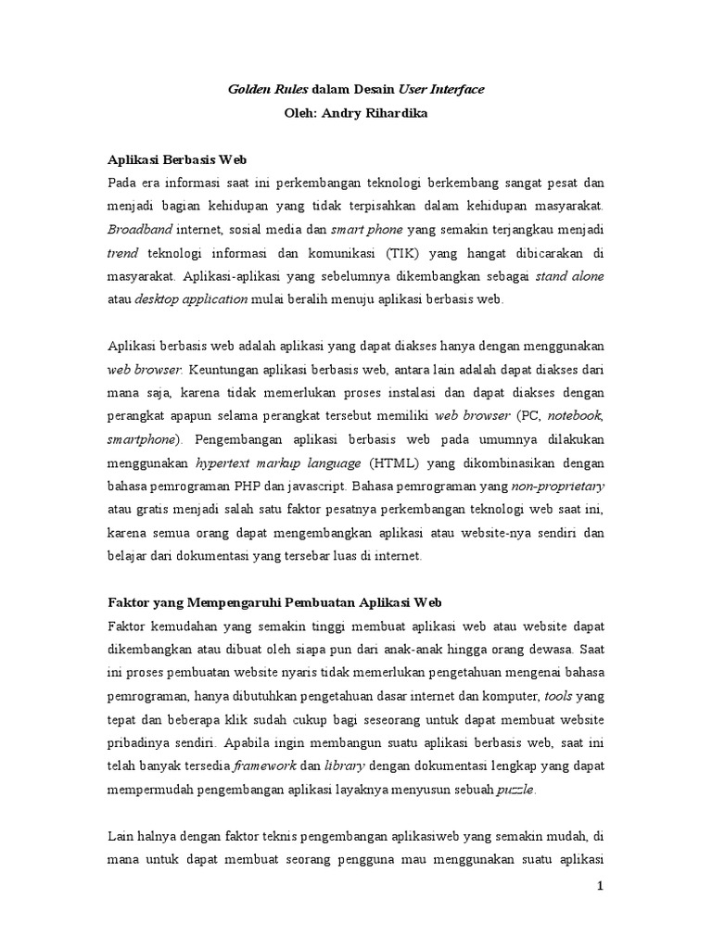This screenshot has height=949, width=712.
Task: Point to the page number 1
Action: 599,887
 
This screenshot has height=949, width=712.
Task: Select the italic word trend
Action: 123,253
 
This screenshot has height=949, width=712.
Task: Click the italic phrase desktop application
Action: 192,299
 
